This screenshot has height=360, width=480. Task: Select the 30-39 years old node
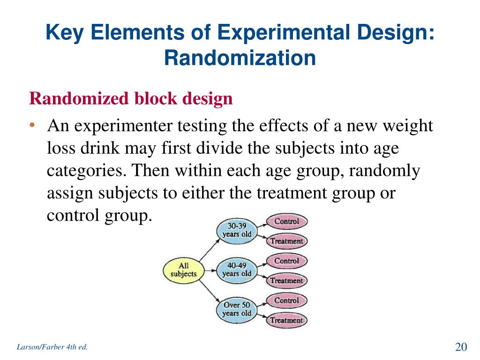(236, 230)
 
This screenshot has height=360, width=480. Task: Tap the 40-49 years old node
(237, 270)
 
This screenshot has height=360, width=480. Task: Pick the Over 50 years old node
(237, 309)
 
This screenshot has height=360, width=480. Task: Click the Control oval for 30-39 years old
(286, 221)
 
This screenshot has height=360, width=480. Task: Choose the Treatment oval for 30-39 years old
(286, 241)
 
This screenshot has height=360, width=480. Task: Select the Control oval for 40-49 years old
(286, 261)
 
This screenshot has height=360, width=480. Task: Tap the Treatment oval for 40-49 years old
(286, 281)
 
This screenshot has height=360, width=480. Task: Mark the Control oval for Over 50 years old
(286, 300)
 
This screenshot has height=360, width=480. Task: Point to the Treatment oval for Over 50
(286, 321)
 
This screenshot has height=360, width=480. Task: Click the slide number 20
(461, 347)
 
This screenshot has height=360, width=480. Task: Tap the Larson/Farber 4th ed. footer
(52, 347)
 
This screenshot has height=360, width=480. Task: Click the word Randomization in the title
(240, 58)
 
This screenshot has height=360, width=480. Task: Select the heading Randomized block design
(131, 99)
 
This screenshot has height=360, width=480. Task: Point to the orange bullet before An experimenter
(32, 126)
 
